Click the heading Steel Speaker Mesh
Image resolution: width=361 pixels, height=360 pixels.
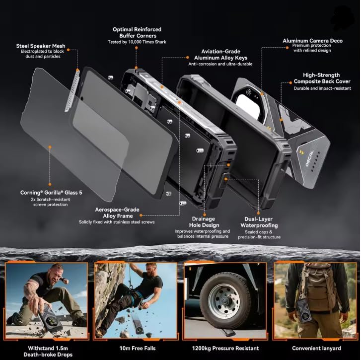coord(41,46)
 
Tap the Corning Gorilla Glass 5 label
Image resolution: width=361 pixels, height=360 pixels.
coord(51,193)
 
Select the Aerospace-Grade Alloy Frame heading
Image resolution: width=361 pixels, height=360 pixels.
coord(118,213)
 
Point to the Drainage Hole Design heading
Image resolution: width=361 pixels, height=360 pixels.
coord(204,222)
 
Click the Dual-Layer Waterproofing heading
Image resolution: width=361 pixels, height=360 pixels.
coord(259,222)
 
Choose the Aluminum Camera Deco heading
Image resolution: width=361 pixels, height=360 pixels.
coord(312,41)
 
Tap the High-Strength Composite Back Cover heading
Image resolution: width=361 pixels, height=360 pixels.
coord(322,78)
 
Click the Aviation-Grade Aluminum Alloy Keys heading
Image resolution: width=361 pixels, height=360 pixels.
coord(220,55)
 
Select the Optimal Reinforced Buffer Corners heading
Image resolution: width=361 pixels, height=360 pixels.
coord(137,32)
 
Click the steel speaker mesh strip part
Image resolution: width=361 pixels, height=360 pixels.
coord(72,90)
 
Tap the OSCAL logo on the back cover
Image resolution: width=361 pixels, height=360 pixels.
coord(309,158)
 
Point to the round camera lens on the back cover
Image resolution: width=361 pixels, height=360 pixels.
coord(248,92)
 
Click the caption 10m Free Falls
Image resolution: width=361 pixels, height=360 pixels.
coord(138,348)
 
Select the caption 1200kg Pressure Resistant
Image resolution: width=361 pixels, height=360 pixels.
coord(225,348)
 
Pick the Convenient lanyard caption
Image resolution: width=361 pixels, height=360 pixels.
coord(316,348)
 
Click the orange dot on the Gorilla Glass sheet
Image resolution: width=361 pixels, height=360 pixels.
coord(50,147)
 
